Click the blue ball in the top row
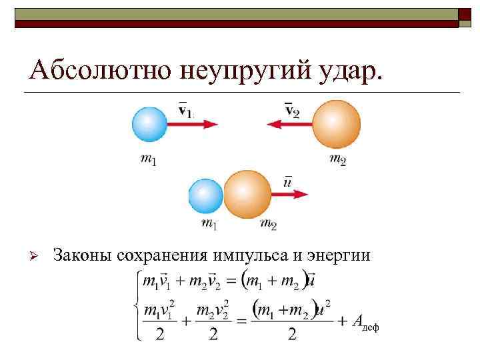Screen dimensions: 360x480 (150, 125)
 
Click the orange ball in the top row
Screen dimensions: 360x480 (336, 124)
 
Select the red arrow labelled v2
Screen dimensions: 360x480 (287, 124)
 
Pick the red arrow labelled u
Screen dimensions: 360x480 (290, 195)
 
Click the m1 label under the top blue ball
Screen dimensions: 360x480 (149, 160)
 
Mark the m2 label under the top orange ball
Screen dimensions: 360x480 (338, 159)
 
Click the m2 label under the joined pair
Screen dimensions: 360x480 (268, 224)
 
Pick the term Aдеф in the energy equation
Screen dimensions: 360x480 (364, 322)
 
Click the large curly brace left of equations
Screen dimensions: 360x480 (135, 304)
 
